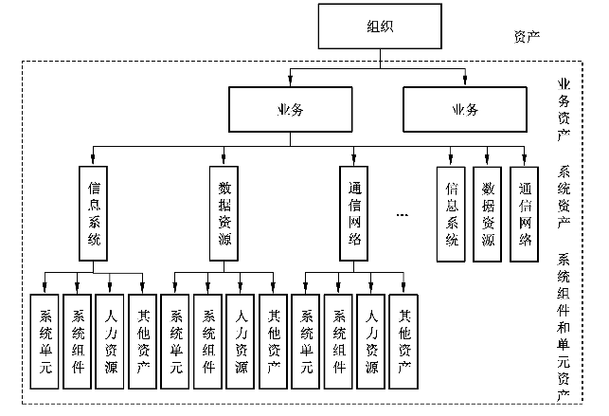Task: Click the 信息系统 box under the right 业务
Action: [x=452, y=214]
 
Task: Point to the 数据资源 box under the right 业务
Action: [x=488, y=214]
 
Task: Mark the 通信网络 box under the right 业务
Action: [x=525, y=214]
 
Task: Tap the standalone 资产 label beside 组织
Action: [x=527, y=36]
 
